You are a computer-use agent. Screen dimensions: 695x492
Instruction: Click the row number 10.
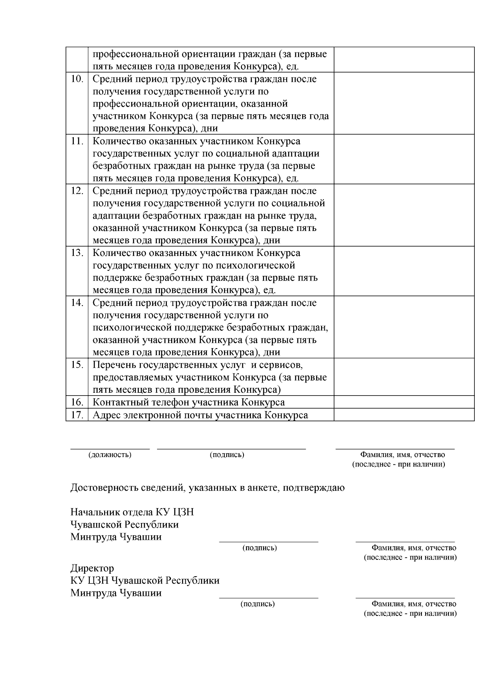coord(77,79)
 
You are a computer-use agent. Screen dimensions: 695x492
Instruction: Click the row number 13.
coord(77,253)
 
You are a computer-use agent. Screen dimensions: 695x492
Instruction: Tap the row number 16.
coord(77,402)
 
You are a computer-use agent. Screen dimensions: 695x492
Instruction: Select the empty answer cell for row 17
coord(404,415)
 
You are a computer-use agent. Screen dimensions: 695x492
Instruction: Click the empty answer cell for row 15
coord(404,377)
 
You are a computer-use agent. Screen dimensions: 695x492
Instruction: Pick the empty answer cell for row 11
coord(404,159)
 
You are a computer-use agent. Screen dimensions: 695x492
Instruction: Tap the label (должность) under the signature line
coord(110,455)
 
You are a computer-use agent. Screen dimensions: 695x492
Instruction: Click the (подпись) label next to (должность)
coord(227,455)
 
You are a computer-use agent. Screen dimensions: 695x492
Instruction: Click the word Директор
coord(92,568)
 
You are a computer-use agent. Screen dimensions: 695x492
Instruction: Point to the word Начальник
coord(94,512)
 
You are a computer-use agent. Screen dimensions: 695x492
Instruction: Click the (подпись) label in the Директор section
coord(257,604)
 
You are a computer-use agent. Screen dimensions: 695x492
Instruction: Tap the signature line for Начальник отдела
coord(269,541)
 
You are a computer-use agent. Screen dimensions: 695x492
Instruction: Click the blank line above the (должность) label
coord(110,448)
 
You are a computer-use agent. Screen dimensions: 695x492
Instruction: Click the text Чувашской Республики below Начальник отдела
coord(124,525)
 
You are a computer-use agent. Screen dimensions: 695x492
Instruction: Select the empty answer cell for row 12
coord(404,215)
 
